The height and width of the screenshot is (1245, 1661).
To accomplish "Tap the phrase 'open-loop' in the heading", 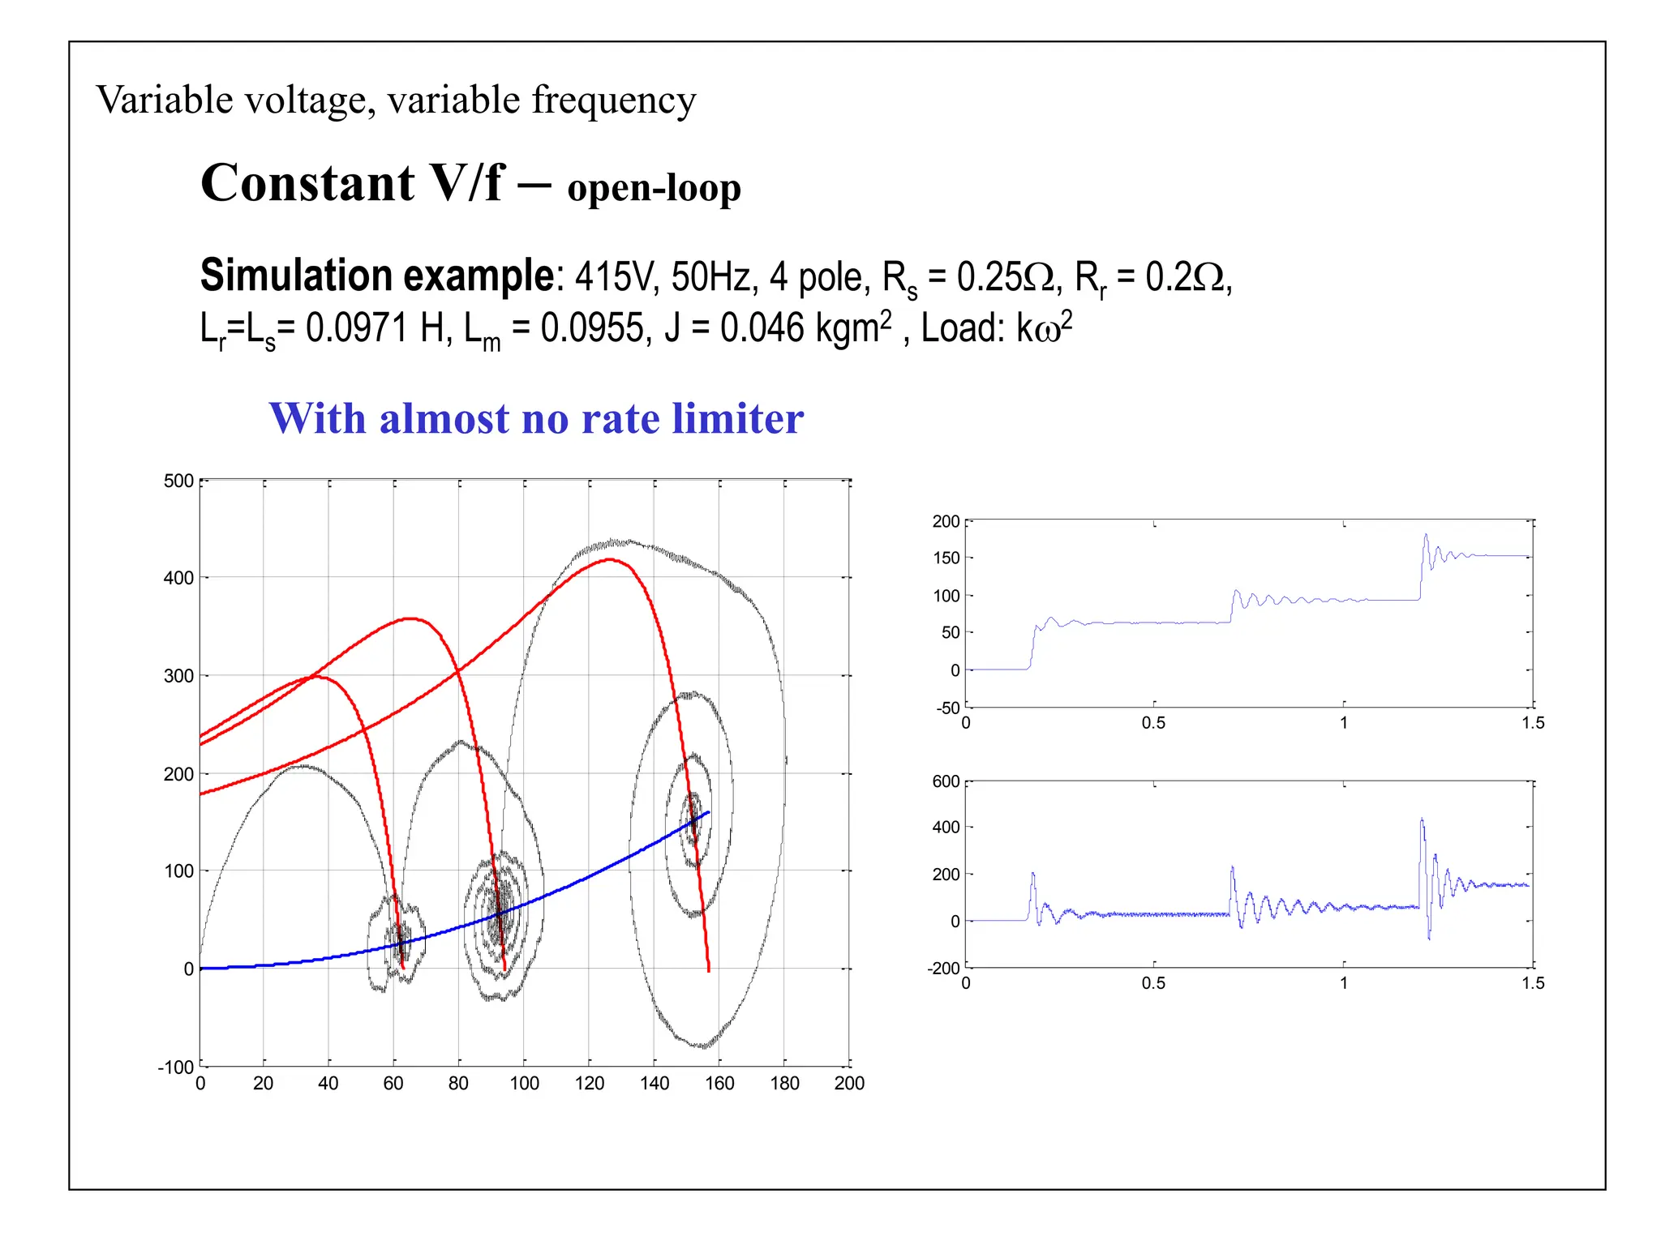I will pos(654,188).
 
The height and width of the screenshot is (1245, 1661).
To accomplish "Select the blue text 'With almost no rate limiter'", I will pos(536,418).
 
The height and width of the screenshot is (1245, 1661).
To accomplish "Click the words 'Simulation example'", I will pos(377,276).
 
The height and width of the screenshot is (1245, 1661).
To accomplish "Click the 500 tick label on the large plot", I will pos(178,481).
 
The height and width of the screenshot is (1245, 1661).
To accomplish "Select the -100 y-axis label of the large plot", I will pos(176,1067).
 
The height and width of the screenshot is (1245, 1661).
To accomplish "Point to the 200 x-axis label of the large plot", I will pos(849,1084).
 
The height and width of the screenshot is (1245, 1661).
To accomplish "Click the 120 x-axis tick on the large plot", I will pos(590,1084).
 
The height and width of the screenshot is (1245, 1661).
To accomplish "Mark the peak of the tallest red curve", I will pos(610,559).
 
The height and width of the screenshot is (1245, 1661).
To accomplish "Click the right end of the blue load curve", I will pos(709,812).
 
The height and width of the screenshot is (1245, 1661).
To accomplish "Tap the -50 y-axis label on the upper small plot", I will pos(948,708).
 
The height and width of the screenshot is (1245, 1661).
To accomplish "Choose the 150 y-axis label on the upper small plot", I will pos(946,558).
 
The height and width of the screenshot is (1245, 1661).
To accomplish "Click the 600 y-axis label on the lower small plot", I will pos(946,781).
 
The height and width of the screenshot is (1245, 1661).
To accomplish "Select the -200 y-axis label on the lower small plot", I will pos(943,968).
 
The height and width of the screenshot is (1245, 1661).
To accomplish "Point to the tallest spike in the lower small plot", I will pos(1422,819).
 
